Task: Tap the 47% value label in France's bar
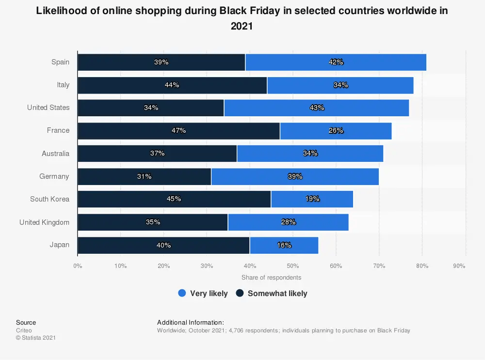[x=178, y=130]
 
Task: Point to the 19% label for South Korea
[x=312, y=199]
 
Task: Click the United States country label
[x=48, y=108]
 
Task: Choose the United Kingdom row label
[x=44, y=222]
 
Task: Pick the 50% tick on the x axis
[x=293, y=266]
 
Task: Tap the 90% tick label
[x=459, y=266]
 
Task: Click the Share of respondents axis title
[x=271, y=278]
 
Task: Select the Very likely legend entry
[x=209, y=293]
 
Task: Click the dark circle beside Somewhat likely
[x=240, y=293]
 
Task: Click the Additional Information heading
[x=190, y=322]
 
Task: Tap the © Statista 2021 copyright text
[x=36, y=338]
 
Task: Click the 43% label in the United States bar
[x=317, y=108]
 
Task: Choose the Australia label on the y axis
[x=55, y=154]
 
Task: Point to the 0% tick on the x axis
[x=78, y=266]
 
